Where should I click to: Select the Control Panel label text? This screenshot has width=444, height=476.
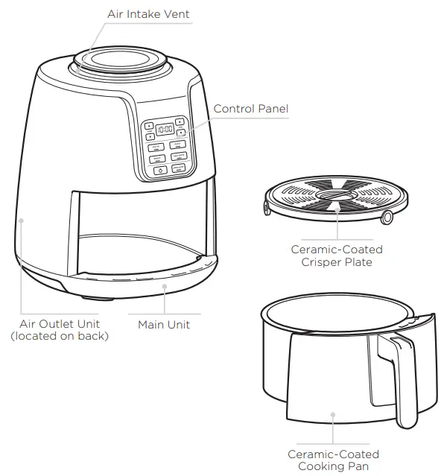click(250, 109)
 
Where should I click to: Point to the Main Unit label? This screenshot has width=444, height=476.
click(163, 325)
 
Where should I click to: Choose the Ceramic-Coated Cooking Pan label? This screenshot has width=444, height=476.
click(333, 460)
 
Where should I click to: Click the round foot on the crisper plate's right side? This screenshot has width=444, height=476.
click(387, 218)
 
